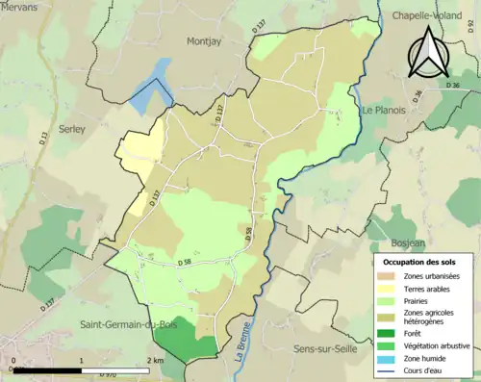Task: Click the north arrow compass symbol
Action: [x=429, y=53]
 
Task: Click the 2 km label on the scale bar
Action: [x=152, y=360]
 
